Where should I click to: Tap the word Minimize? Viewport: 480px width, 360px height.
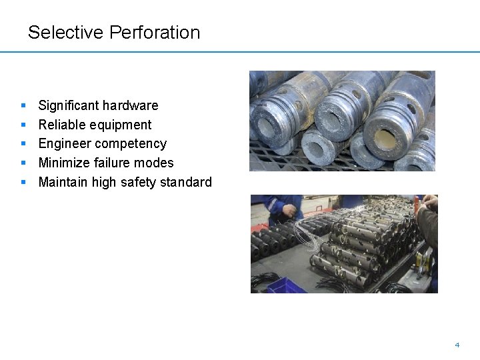click(64, 163)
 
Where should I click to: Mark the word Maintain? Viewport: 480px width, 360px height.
click(63, 182)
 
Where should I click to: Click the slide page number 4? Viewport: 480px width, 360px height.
click(457, 345)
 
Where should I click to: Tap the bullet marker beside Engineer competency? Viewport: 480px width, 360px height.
click(23, 143)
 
